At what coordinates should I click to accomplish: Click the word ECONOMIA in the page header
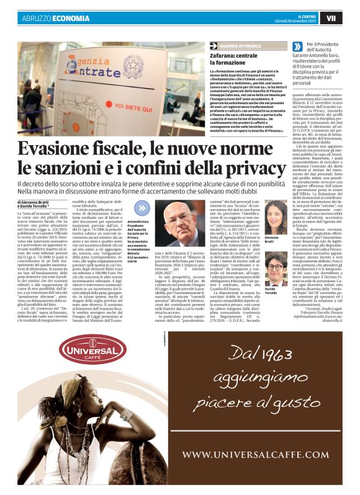(72, 19)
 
